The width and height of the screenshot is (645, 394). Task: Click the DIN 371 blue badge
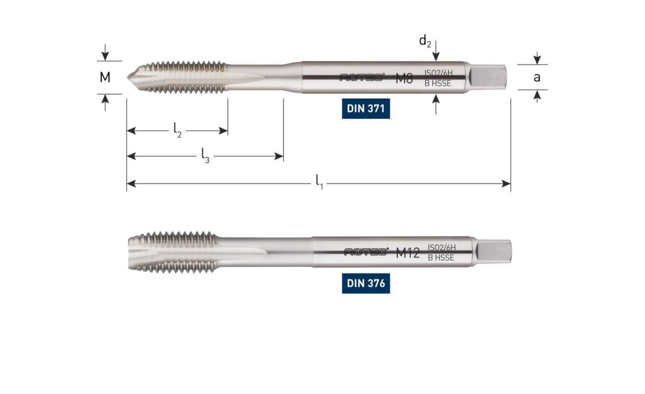(366, 109)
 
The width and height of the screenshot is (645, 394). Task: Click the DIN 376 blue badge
(366, 284)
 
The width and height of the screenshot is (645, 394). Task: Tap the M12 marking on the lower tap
(408, 254)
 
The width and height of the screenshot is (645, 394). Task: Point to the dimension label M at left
(105, 77)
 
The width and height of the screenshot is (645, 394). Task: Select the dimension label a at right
(537, 77)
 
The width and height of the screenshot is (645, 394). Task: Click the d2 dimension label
(425, 42)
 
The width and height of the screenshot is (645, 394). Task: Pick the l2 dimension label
(177, 130)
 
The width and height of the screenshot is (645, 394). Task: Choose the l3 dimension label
(205, 155)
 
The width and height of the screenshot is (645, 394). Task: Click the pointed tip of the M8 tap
(129, 76)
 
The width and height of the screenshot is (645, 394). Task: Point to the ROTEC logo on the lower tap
(366, 253)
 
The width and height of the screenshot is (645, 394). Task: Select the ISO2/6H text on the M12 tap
(442, 247)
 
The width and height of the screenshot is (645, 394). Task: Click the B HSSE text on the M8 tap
(438, 84)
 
